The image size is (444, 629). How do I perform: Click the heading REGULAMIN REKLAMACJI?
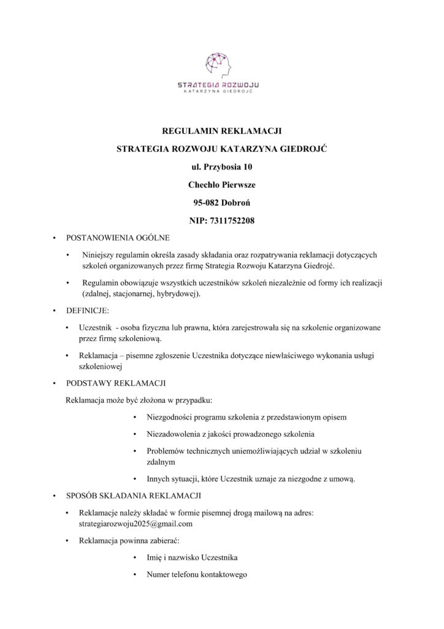(x=221, y=131)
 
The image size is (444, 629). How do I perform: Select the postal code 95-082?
(x=207, y=201)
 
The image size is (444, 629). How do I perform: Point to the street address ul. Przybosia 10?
(x=221, y=166)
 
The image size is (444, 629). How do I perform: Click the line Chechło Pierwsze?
(x=221, y=184)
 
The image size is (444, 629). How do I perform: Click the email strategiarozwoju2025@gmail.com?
(x=136, y=524)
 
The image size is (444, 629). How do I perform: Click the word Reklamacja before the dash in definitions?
(x=99, y=356)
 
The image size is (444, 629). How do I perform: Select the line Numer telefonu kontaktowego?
(x=196, y=575)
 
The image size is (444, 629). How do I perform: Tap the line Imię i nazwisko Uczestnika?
(x=192, y=558)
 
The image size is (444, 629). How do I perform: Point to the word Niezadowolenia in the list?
(x=174, y=434)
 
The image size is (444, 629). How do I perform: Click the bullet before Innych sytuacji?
(x=134, y=478)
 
